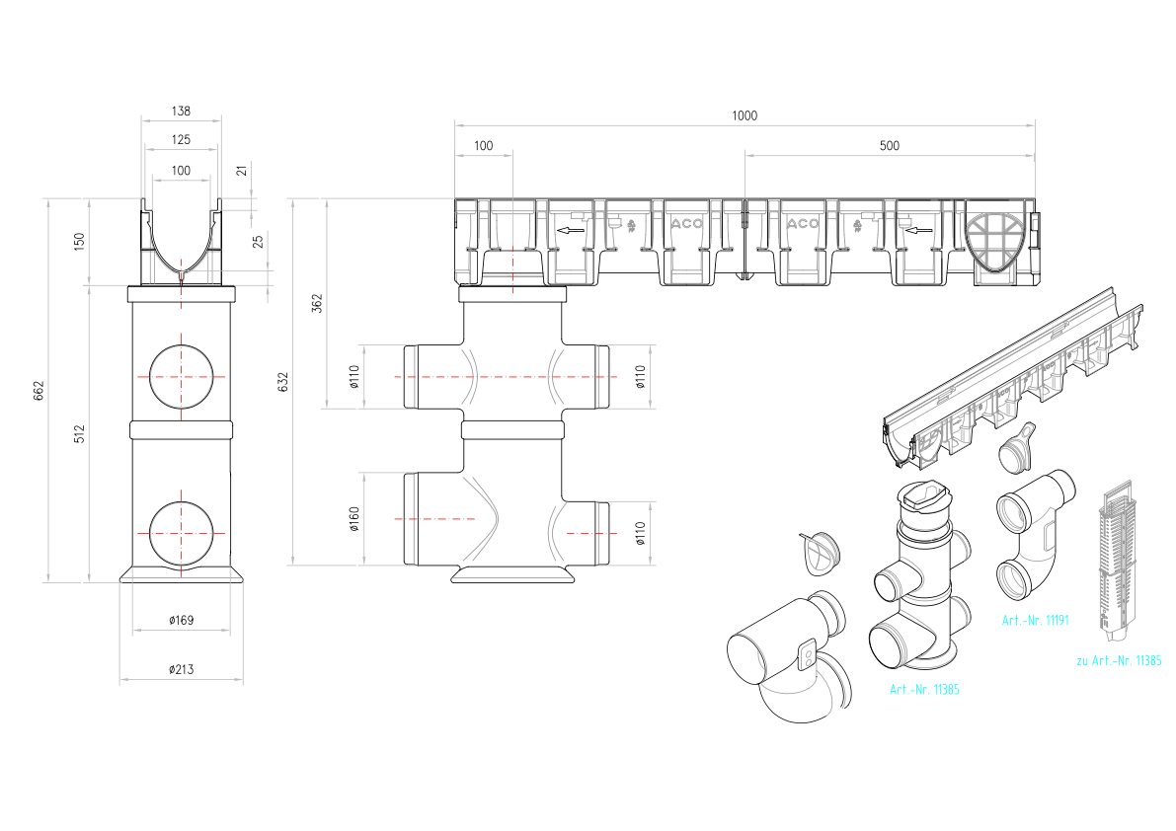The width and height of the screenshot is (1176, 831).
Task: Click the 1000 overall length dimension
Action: coord(744,115)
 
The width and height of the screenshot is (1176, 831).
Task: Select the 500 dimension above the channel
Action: coord(889,145)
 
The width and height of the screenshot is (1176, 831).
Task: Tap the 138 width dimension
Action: coord(181,111)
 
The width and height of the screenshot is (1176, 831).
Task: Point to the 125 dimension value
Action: coord(181,139)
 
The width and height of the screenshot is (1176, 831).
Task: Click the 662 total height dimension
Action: coord(39,391)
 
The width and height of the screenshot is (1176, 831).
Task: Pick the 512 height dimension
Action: coord(80,434)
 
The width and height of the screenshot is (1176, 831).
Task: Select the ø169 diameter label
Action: coord(181,620)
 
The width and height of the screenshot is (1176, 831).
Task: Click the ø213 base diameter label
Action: coord(181,669)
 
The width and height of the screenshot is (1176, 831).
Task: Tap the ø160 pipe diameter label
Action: coord(354,518)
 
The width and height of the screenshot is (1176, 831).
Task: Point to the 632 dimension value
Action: coord(282,382)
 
